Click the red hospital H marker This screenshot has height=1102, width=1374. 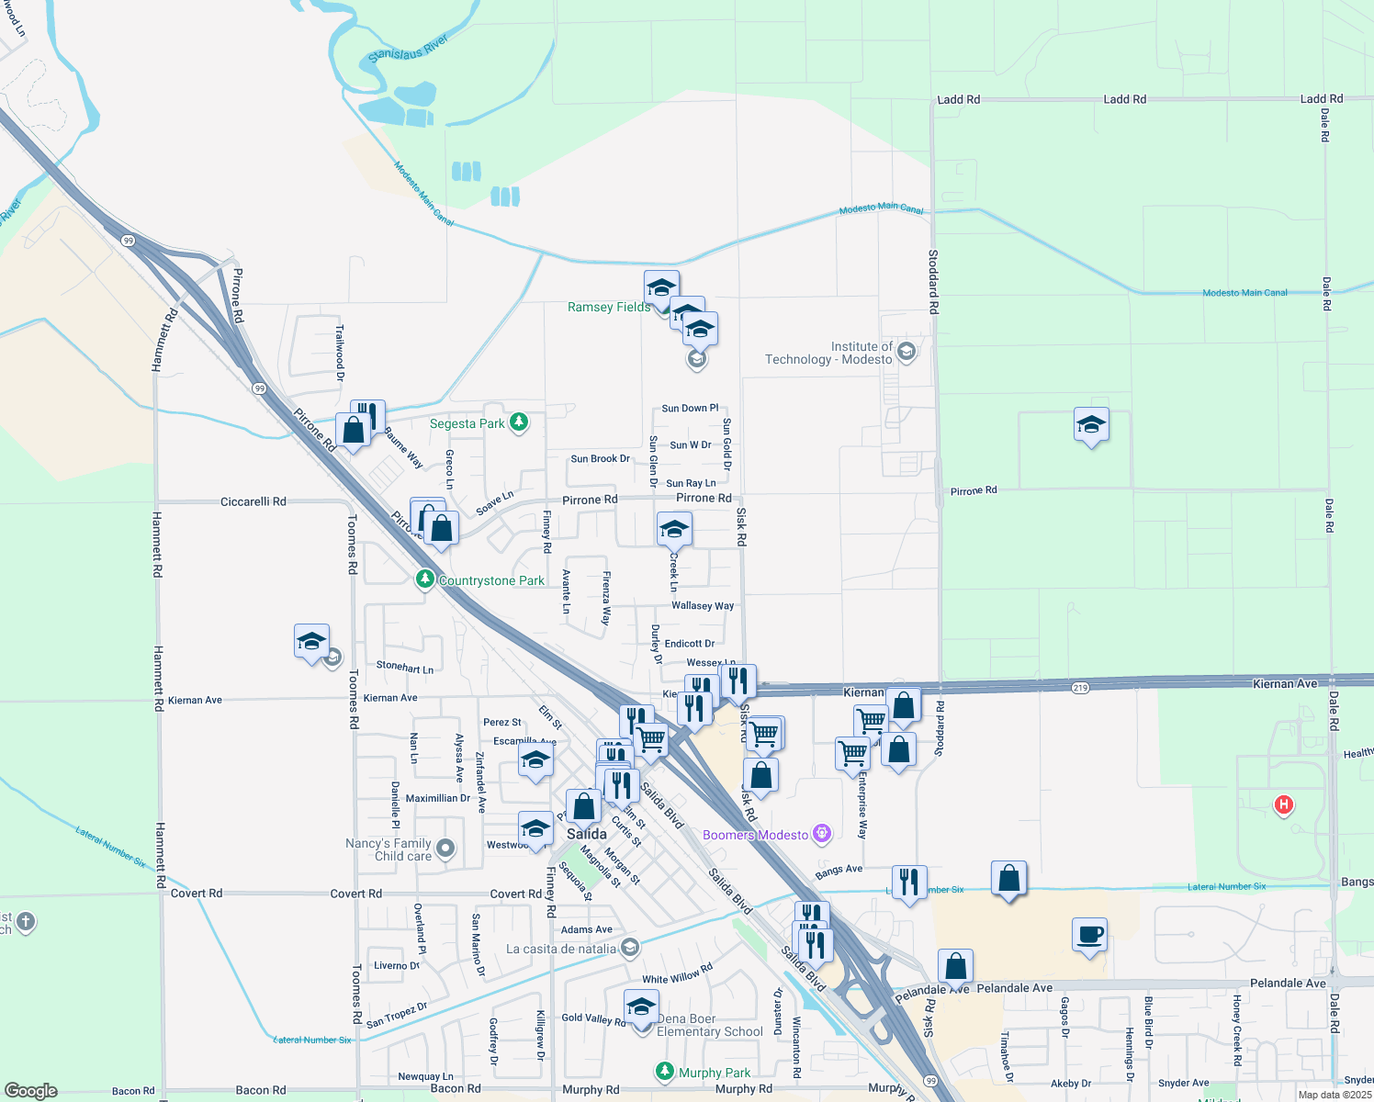pos(1283,805)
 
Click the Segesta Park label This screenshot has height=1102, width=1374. pos(467,423)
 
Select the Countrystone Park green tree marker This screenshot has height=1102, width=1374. pos(424,579)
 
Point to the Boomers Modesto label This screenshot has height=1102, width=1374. pos(755,835)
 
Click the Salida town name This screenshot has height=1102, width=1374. pos(587,834)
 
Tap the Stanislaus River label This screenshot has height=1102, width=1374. pos(408,49)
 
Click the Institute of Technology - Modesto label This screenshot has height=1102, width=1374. pos(828,354)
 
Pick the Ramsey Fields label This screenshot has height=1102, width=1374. pos(609,307)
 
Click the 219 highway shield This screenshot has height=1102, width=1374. pos(1080,688)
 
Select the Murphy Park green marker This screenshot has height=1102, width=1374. pos(664,1072)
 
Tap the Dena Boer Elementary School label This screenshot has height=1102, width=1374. pos(710,1025)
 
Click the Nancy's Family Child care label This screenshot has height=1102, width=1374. pos(389,849)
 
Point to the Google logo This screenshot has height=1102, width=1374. pos(31,1091)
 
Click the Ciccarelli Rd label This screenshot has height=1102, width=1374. pos(253,502)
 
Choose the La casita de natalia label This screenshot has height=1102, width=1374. pos(561,949)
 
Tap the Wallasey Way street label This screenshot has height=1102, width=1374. pos(703,606)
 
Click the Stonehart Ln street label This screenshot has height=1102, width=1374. pos(405,668)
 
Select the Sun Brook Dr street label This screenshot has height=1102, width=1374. pos(600,459)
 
